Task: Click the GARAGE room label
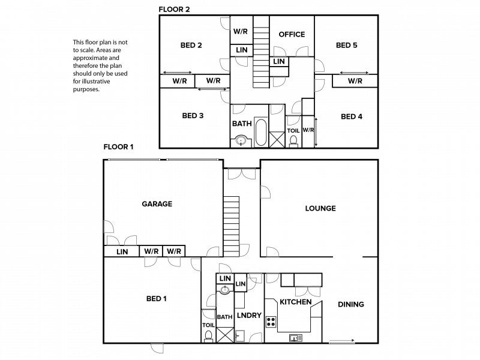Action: coord(157,204)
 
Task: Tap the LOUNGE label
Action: coord(320,208)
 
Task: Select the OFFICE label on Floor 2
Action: coord(292,34)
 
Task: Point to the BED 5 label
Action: coord(347,46)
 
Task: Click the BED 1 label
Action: coord(157,298)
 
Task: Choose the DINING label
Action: coord(351,304)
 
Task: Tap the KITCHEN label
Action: coord(296,302)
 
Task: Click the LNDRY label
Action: coord(249,316)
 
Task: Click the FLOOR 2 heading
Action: coord(174,10)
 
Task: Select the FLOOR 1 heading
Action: coord(118,147)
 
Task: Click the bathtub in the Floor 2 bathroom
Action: coord(261,133)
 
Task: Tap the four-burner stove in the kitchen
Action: coord(271,322)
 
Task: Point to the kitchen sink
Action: coord(296,338)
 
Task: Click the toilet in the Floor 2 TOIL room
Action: coord(293,142)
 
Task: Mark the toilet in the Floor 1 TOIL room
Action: coord(208,336)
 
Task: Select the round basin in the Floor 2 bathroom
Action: coord(242,141)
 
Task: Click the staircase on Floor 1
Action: coord(231,227)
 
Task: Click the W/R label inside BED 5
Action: coord(355,81)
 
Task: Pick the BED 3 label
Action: coord(193,116)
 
